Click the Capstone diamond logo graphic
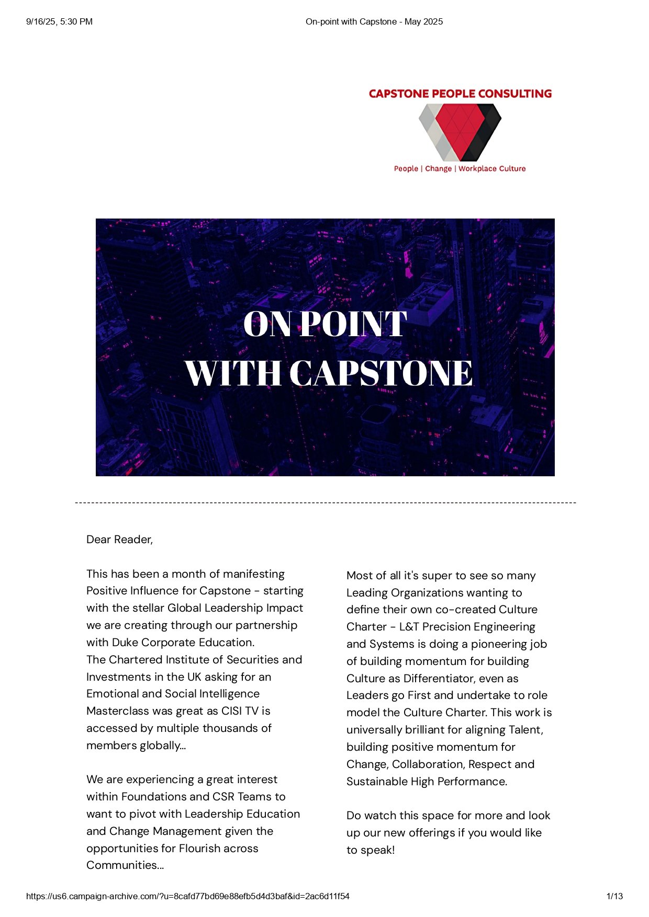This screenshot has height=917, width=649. (460, 132)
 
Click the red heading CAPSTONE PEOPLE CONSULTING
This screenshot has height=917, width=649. (460, 94)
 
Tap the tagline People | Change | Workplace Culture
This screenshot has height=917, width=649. (460, 168)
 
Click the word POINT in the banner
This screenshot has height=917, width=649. (354, 324)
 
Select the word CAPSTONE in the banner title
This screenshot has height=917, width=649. (381, 373)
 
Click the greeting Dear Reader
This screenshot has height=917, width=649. (119, 540)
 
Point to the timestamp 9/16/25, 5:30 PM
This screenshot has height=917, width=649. (59, 21)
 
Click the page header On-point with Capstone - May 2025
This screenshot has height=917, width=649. (374, 21)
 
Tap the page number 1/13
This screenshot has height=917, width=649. (614, 896)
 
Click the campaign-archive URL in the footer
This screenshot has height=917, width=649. (188, 896)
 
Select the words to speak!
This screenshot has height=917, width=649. (371, 850)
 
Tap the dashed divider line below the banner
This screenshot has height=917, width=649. (325, 503)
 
